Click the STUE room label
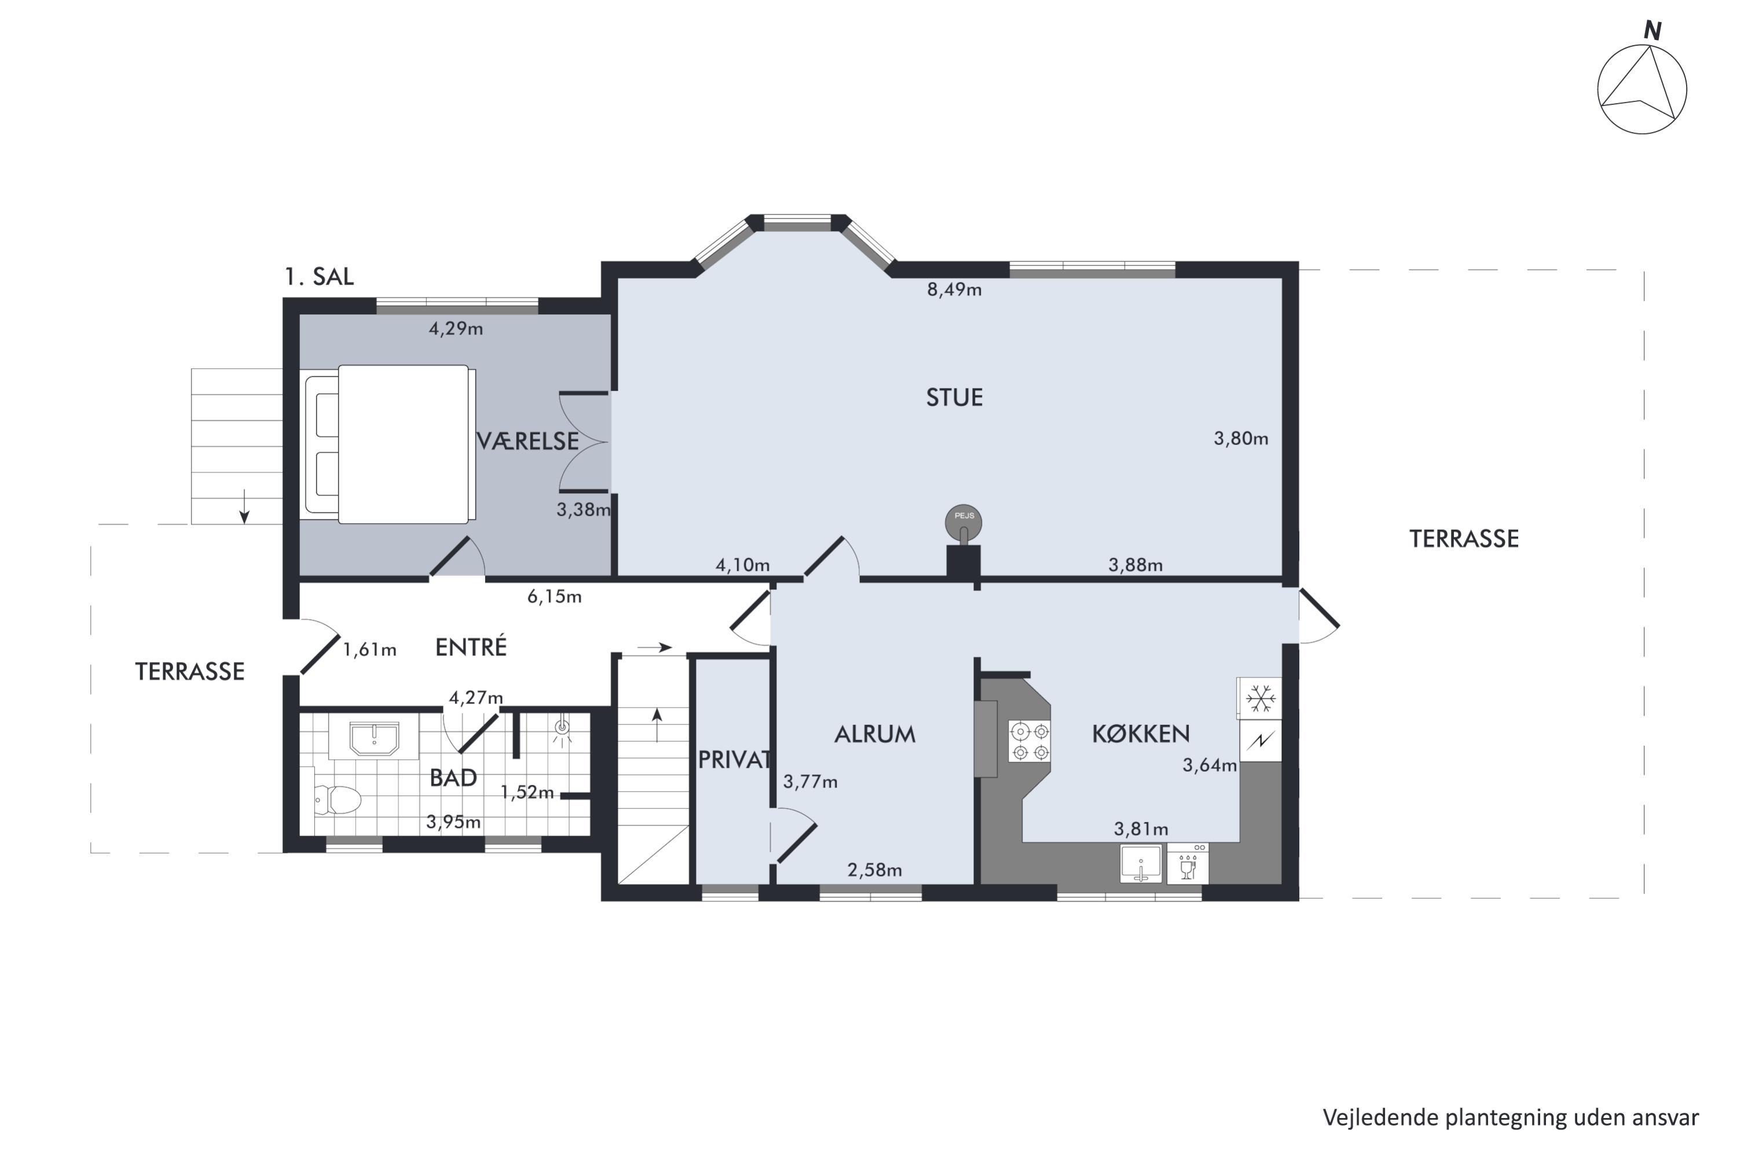[x=954, y=398]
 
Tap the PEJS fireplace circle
[x=964, y=522]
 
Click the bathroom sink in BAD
[x=375, y=739]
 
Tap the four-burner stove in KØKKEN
[x=1030, y=742]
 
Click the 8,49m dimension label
[x=954, y=289]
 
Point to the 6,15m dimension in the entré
[x=554, y=597]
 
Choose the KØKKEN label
[x=1141, y=734]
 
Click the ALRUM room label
[x=875, y=734]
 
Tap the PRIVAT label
[x=735, y=759]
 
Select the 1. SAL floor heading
[x=319, y=277]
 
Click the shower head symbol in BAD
[x=563, y=728]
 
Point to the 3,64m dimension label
[x=1210, y=766]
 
